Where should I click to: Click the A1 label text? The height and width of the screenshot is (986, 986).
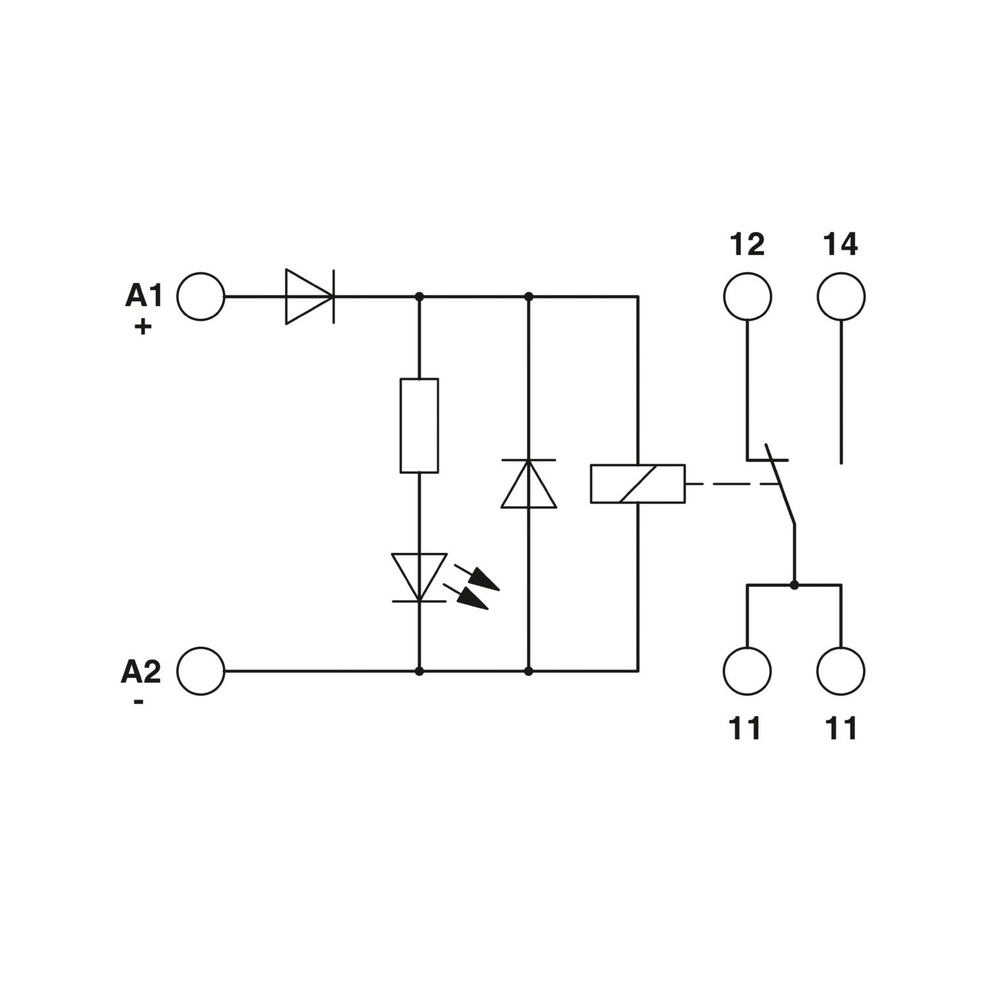143,296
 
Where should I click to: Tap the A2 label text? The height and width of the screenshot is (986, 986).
141,672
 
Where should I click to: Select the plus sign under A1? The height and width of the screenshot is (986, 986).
143,327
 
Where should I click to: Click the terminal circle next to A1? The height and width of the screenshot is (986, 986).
200,296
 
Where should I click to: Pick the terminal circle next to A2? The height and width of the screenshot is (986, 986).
200,671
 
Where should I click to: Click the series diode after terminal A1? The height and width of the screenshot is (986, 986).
310,296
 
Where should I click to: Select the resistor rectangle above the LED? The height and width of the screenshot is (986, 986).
419,425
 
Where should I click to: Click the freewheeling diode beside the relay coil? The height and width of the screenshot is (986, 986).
528,484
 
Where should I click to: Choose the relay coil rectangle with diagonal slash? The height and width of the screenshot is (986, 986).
638,484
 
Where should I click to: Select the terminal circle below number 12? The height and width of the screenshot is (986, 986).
747,296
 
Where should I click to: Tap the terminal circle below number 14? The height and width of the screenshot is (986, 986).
841,296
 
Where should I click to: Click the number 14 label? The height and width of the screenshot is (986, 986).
841,245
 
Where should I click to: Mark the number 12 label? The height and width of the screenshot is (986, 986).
747,245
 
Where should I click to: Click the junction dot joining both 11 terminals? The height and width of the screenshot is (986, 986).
794,584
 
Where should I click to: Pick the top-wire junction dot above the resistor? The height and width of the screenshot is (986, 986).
419,296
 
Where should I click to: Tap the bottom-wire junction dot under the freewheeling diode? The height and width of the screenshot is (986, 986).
528,671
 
